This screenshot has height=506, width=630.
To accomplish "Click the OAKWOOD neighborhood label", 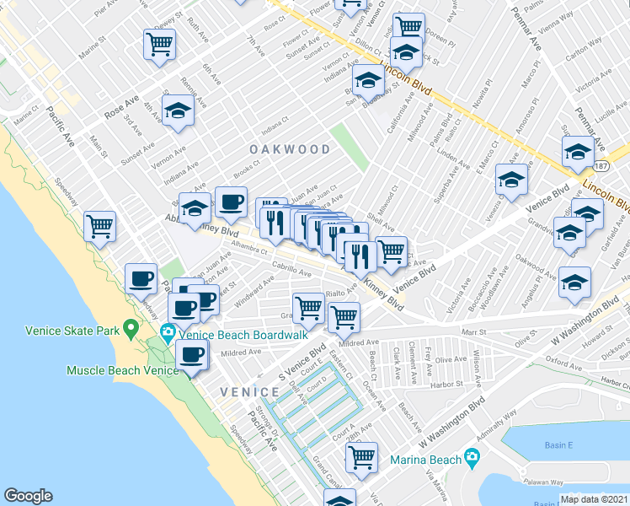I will pyautogui.click(x=289, y=149).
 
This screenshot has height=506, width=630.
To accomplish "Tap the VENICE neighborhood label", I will pyautogui.click(x=249, y=392).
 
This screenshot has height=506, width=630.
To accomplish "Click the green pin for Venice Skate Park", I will pyautogui.click(x=131, y=327).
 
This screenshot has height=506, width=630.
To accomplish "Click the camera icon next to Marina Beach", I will pyautogui.click(x=472, y=460).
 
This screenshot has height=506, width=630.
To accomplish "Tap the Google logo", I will pyautogui.click(x=28, y=496).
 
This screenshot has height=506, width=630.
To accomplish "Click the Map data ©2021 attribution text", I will pyautogui.click(x=593, y=499).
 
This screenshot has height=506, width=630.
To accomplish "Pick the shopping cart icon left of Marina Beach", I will pyautogui.click(x=361, y=456).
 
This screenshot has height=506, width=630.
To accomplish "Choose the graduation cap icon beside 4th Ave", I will pyautogui.click(x=178, y=110).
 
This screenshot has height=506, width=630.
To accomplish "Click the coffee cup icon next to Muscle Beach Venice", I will pyautogui.click(x=192, y=354).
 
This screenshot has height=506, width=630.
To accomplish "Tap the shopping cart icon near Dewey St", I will pyautogui.click(x=159, y=43).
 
